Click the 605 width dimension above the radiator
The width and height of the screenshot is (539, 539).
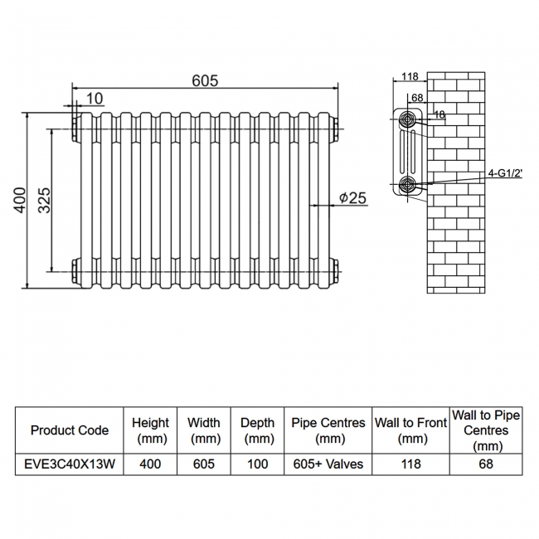tap(205, 80)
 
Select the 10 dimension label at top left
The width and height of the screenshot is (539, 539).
tap(95, 99)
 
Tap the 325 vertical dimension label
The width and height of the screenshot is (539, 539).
tap(44, 200)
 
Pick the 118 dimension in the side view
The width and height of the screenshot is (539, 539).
tap(409, 77)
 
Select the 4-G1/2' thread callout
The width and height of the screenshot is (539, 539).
tap(504, 173)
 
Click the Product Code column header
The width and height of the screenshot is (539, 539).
tap(69, 430)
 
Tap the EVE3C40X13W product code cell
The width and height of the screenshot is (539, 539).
tap(69, 464)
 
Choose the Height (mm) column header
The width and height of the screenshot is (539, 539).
tap(150, 430)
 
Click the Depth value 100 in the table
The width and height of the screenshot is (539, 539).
tap(257, 464)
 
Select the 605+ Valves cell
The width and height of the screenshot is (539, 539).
tap(328, 464)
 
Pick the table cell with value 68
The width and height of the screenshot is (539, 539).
tap(485, 464)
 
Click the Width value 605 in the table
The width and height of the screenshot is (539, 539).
tap(203, 464)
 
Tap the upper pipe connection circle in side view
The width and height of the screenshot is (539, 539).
tap(407, 119)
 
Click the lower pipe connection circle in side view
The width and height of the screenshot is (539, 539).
tap(407, 184)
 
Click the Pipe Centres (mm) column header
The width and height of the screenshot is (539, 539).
tap(328, 430)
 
